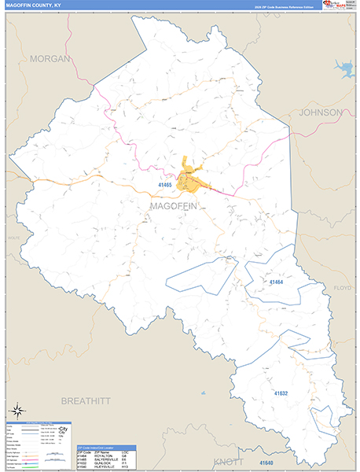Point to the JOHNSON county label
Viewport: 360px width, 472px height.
[x=321, y=112]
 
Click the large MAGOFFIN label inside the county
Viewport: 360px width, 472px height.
[x=175, y=205]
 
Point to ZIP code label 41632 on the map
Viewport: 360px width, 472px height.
[x=281, y=393]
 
